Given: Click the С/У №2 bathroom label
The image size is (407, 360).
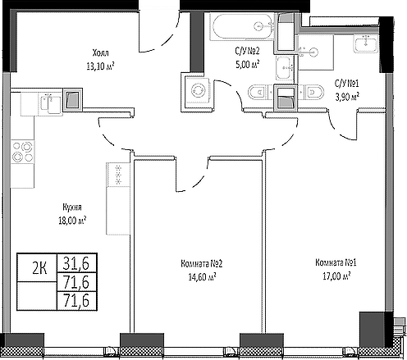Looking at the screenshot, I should pos(247,49).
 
